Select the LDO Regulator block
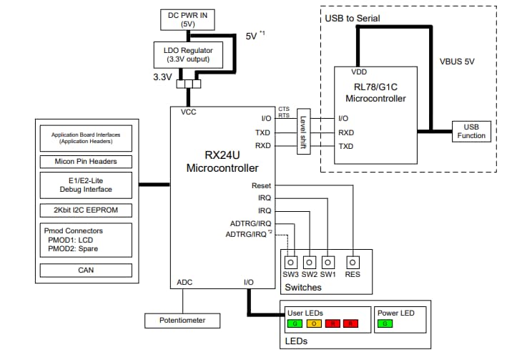tap(189, 54)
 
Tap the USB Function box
tap(472, 132)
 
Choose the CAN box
tap(86, 270)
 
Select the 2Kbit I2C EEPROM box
tap(86, 210)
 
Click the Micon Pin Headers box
tap(86, 161)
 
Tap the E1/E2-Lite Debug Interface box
tap(86, 185)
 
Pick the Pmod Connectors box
tap(86, 240)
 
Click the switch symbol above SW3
tap(291, 261)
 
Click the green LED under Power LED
tap(385, 323)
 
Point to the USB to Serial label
tap(353, 17)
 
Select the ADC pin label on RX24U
tap(184, 283)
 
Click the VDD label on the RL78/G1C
tap(360, 72)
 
